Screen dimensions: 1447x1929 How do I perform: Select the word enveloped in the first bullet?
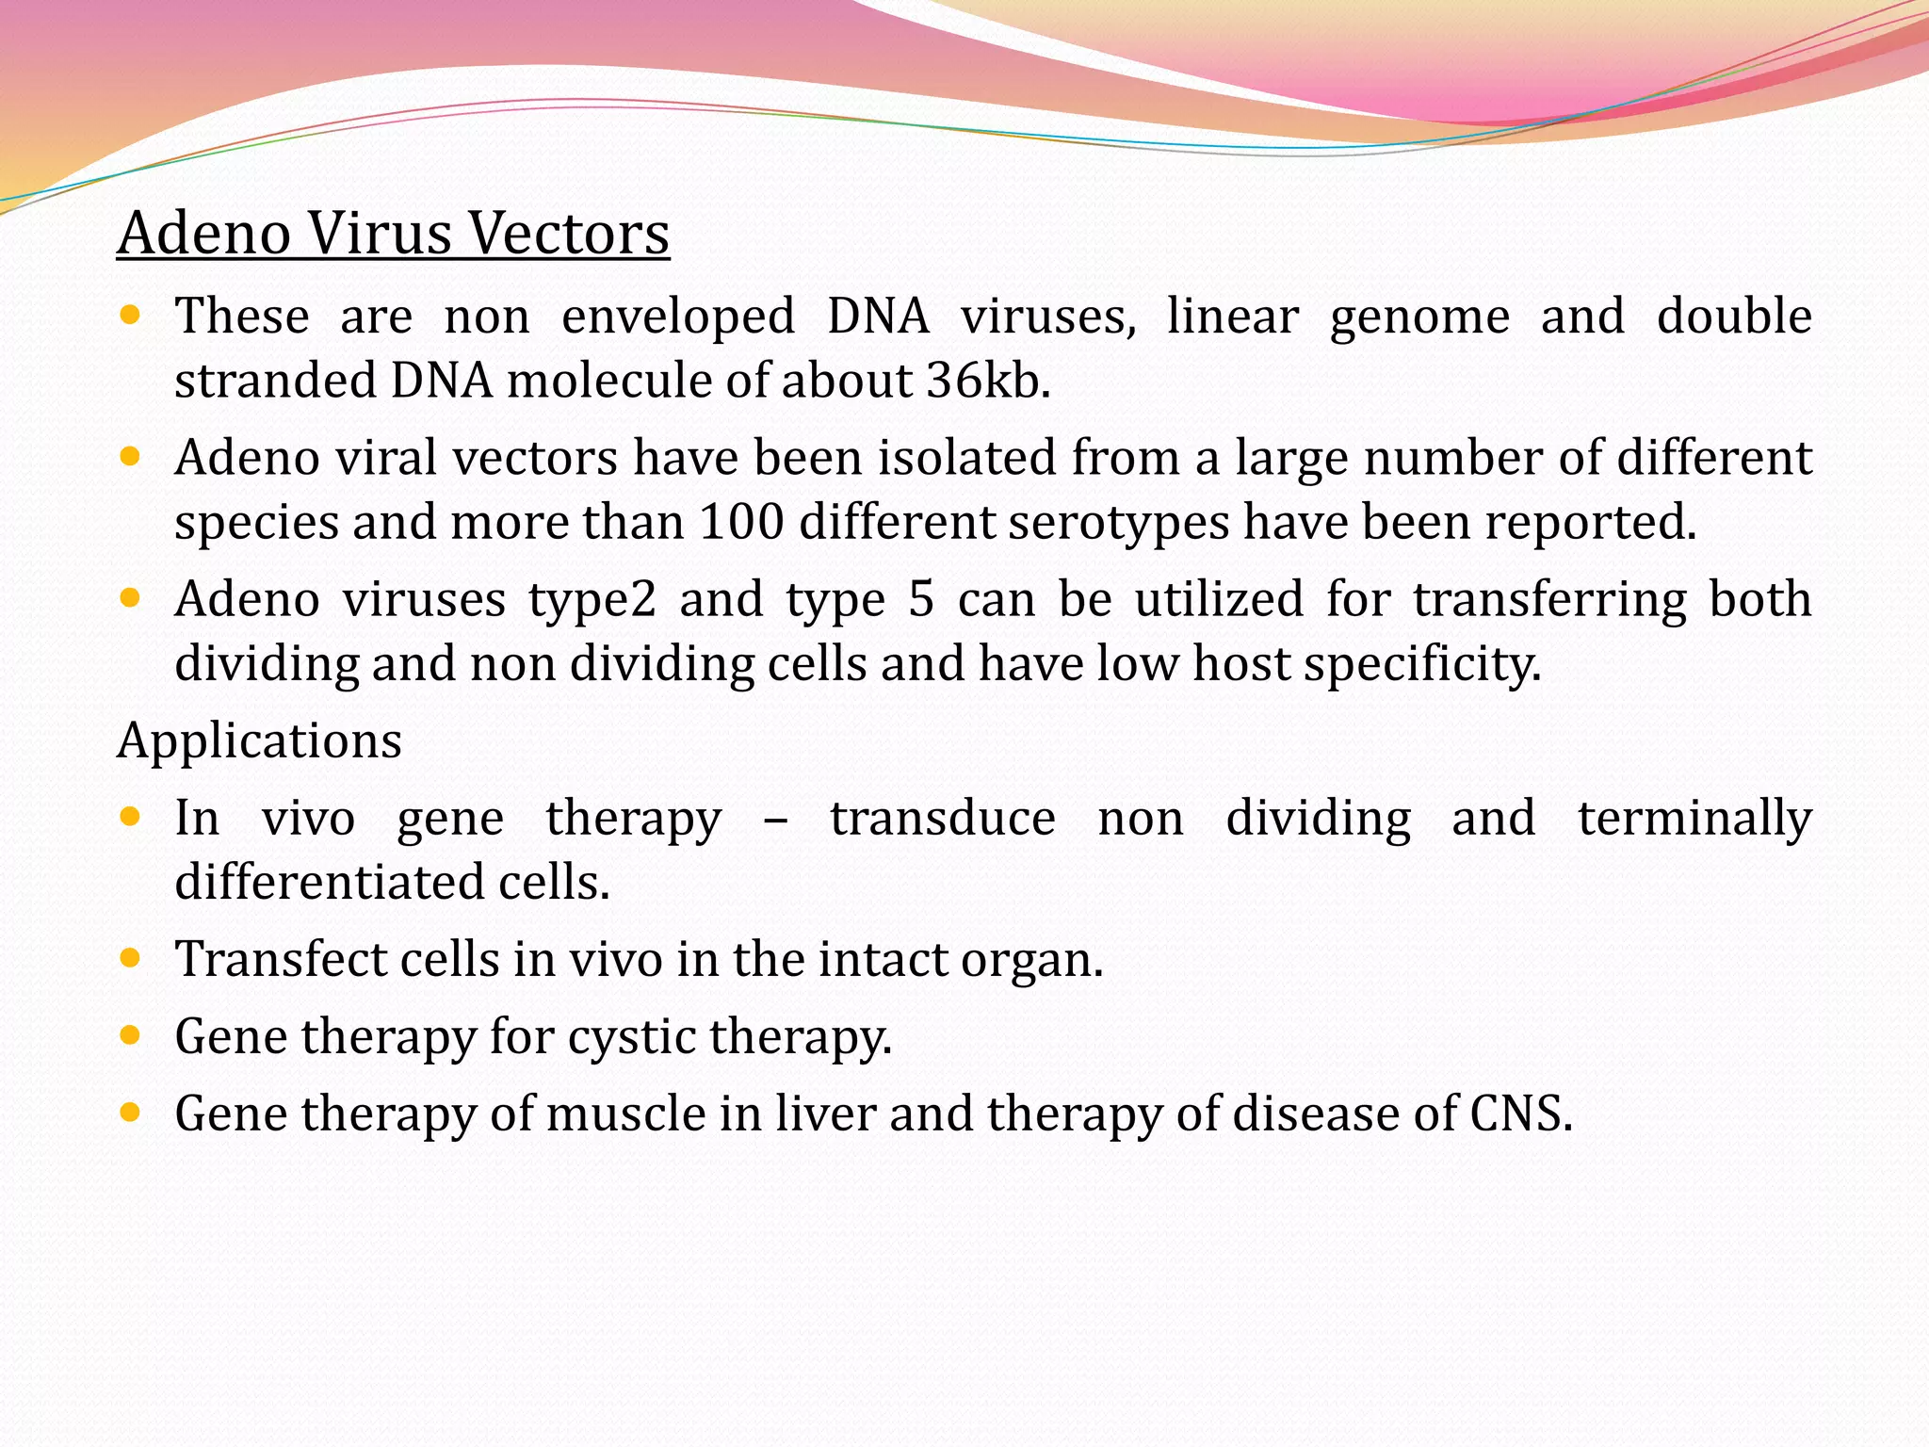(678, 317)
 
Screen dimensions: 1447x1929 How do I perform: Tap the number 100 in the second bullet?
(741, 523)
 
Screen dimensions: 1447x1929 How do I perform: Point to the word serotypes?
(1118, 523)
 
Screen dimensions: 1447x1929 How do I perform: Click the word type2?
(592, 600)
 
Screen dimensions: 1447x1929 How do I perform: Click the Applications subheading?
(259, 740)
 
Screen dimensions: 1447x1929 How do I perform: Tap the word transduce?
(942, 818)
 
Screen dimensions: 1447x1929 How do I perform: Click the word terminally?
(1694, 818)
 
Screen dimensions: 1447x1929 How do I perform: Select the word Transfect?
(280, 960)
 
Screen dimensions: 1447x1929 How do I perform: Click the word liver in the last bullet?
(825, 1114)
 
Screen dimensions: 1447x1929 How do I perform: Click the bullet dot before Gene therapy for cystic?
(131, 1036)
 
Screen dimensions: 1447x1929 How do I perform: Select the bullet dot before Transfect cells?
(131, 959)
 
